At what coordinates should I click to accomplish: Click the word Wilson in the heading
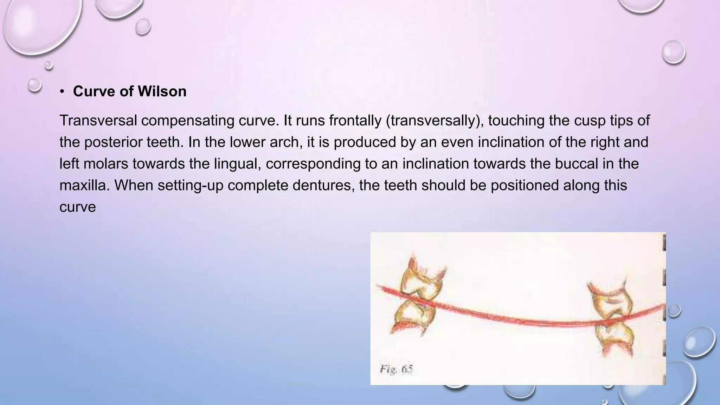click(x=162, y=91)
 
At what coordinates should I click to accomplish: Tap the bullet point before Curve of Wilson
click(x=62, y=92)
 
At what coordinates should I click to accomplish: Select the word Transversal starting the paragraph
click(x=98, y=121)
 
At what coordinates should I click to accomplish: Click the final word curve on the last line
click(x=77, y=207)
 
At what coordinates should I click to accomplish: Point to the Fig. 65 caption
click(x=396, y=369)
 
